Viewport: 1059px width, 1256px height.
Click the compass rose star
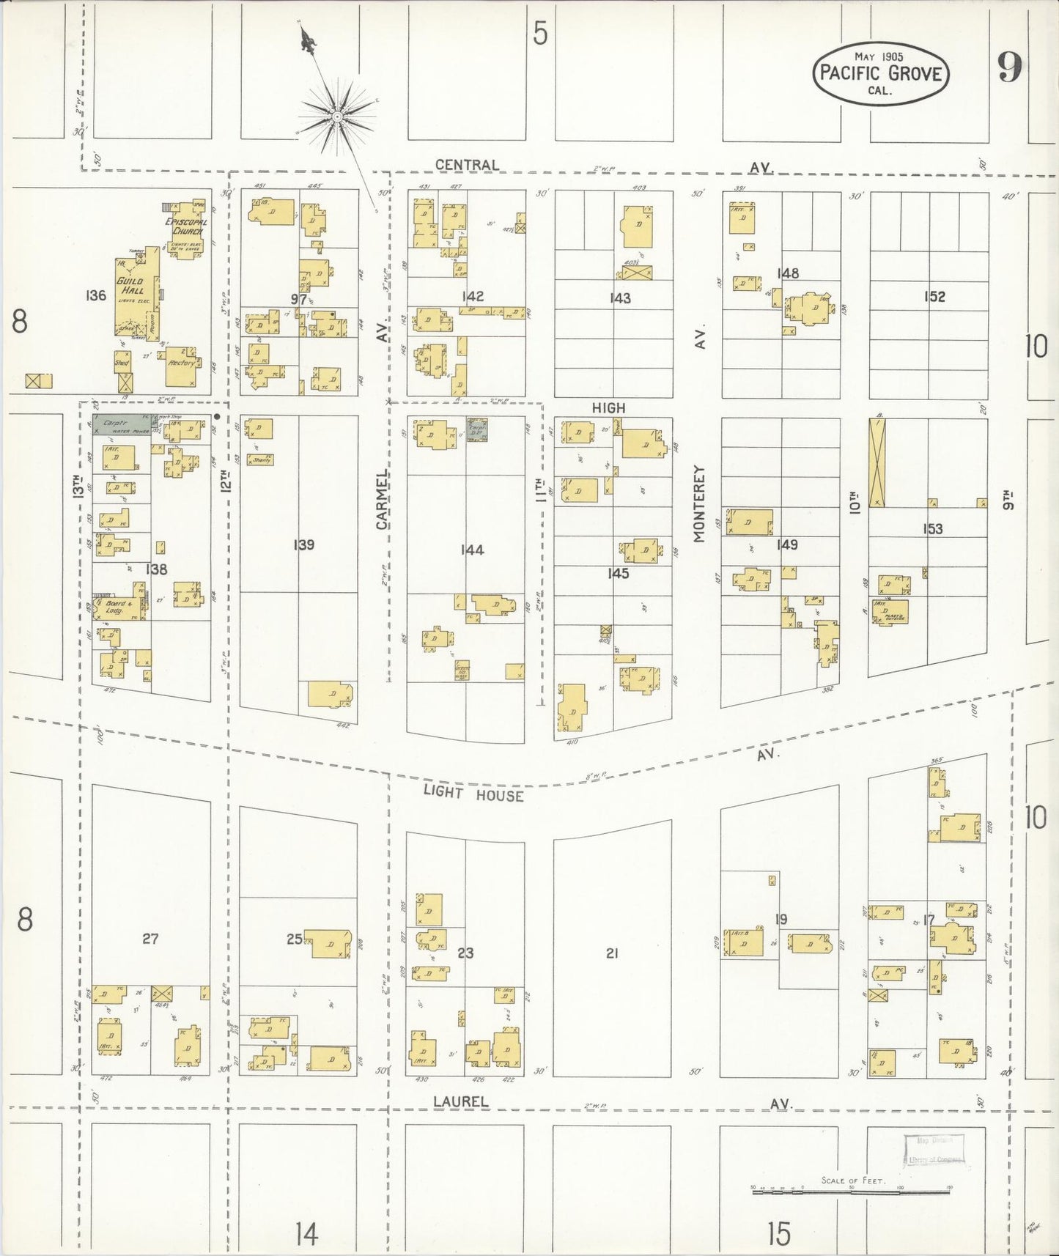pyautogui.click(x=337, y=117)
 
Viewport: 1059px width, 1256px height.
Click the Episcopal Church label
pyautogui.click(x=186, y=226)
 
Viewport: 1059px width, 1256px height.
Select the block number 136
pyautogui.click(x=96, y=296)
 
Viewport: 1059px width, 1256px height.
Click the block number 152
pyautogui.click(x=934, y=297)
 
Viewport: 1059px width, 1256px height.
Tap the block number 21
pyautogui.click(x=612, y=953)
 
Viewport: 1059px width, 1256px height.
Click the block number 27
pyautogui.click(x=150, y=938)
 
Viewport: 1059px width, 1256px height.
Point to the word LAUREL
pyautogui.click(x=460, y=1101)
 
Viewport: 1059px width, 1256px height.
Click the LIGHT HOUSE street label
pyautogui.click(x=473, y=794)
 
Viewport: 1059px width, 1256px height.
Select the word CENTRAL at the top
pyautogui.click(x=467, y=165)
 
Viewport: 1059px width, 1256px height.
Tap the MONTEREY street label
pyautogui.click(x=698, y=503)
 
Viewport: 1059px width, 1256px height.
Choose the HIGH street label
pyautogui.click(x=609, y=407)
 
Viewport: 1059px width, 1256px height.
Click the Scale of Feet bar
pyautogui.click(x=850, y=1192)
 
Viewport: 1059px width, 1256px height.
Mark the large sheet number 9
pyautogui.click(x=1008, y=69)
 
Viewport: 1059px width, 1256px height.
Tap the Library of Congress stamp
pyautogui.click(x=934, y=1151)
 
